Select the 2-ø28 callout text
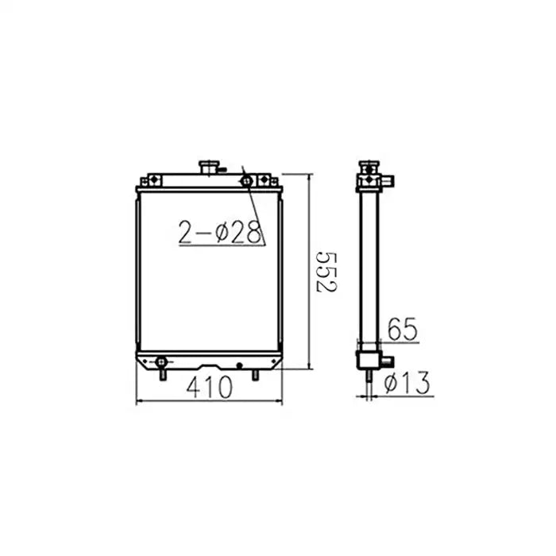[x=220, y=232]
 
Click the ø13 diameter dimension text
[x=406, y=384]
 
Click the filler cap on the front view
[x=210, y=168]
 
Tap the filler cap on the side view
[x=368, y=168]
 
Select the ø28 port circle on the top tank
[x=247, y=180]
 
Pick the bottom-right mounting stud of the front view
[x=255, y=372]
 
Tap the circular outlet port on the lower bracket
[x=161, y=361]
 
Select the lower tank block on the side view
[x=368, y=361]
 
